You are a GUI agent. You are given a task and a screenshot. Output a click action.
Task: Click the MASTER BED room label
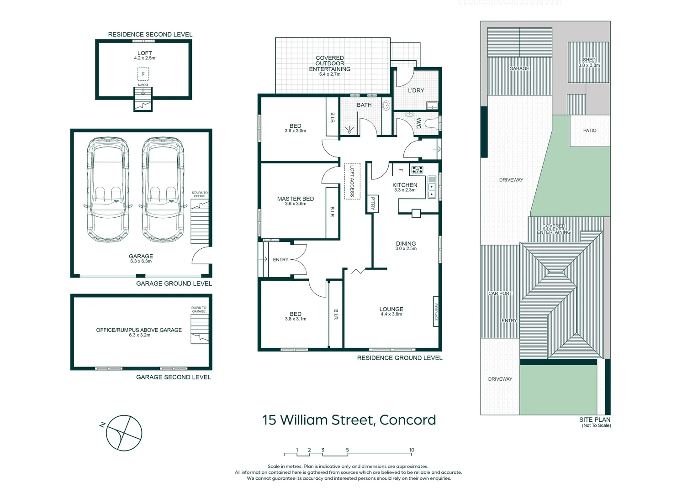tap(295, 199)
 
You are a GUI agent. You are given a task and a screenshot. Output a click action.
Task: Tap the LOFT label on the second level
tap(144, 53)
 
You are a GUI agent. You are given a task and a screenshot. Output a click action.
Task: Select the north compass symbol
tap(123, 433)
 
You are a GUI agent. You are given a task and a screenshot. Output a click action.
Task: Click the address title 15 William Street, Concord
tap(349, 420)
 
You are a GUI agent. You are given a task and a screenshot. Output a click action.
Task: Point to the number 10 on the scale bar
tap(411, 450)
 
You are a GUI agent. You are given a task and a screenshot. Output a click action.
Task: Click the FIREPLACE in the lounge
tap(436, 312)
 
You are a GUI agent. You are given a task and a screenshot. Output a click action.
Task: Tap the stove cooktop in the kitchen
tap(417, 170)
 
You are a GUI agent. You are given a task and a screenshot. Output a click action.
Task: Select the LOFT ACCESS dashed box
tap(352, 181)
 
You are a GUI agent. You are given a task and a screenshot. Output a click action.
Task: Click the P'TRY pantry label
tap(372, 204)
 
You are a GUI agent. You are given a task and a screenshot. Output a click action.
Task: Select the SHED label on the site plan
tap(589, 60)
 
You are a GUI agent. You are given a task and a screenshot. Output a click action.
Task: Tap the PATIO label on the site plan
tap(589, 131)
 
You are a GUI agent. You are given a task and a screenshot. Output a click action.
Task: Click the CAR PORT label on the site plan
tap(500, 294)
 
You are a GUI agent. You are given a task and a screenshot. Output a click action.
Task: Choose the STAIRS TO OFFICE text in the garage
tap(199, 194)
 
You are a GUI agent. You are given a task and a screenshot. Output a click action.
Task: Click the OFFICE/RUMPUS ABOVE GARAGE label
tap(139, 330)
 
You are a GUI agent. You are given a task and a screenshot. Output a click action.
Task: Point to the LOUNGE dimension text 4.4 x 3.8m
tap(391, 314)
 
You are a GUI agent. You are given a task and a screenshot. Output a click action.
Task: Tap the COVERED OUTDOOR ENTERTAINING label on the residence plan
tap(329, 63)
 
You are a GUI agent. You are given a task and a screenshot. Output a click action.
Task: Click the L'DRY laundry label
tap(416, 90)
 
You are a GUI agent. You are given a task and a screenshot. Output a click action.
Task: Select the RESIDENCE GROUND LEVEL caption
tap(399, 358)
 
